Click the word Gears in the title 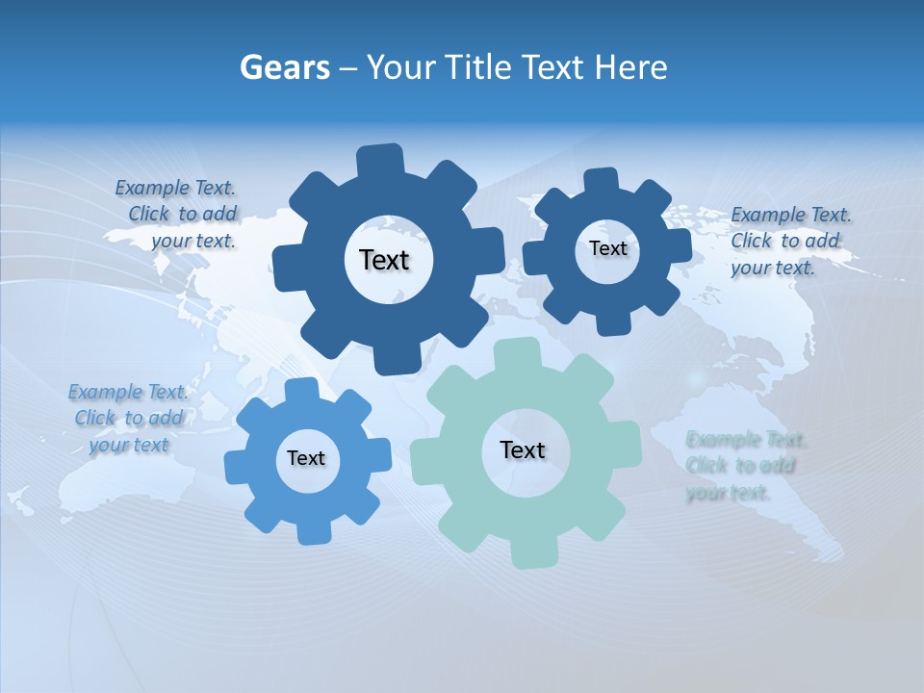(285, 67)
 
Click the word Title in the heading (481, 67)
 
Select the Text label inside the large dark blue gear (384, 260)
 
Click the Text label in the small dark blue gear (607, 248)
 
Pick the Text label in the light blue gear (306, 458)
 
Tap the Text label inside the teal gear (523, 449)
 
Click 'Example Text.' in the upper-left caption (175, 188)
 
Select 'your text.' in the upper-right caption (773, 268)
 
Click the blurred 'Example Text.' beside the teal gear (746, 440)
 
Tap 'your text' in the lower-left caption (129, 445)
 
